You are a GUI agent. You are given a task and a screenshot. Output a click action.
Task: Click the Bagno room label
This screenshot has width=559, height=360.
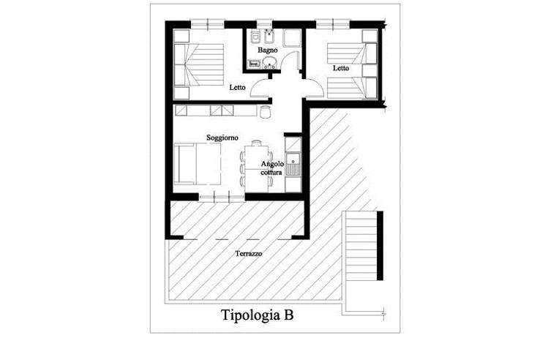click(x=267, y=50)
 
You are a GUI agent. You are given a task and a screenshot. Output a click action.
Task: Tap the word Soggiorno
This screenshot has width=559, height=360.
click(x=222, y=138)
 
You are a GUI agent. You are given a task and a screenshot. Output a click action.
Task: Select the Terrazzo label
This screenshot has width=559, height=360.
click(x=249, y=253)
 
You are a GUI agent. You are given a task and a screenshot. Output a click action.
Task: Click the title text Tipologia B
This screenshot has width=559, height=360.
click(x=258, y=315)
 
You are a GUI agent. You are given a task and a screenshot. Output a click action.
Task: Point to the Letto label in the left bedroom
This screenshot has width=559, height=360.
click(x=238, y=87)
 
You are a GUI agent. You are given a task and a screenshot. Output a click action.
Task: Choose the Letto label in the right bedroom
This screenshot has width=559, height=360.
click(x=341, y=68)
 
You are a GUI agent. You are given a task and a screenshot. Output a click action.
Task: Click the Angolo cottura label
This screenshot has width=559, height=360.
click(x=272, y=168)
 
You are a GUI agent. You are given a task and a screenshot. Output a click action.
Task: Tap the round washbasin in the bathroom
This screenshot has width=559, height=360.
click(x=269, y=64)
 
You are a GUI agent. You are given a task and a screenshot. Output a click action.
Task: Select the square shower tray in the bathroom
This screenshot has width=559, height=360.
click(x=293, y=38)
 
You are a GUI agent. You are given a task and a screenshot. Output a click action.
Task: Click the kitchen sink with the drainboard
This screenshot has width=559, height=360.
click(x=293, y=164)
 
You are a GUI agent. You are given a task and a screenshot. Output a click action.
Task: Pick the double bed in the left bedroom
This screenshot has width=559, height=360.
click(x=199, y=64)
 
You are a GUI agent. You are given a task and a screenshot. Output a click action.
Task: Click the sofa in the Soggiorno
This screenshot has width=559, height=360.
click(x=197, y=164)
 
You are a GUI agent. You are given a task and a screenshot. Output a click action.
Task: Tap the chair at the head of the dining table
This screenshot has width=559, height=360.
click(x=256, y=143)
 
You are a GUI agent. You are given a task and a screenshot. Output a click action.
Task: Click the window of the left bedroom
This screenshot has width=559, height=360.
click(x=208, y=24)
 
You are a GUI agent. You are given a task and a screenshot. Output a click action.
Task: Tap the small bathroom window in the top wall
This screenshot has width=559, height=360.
click(x=264, y=24)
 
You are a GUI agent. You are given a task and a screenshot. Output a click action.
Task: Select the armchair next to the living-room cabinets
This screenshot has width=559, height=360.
click(x=265, y=112)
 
